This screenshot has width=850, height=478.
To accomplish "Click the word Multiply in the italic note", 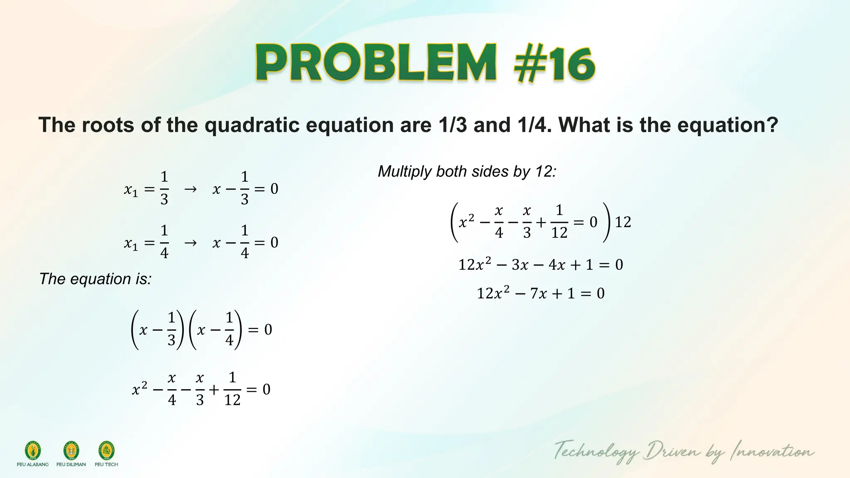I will coord(405,171).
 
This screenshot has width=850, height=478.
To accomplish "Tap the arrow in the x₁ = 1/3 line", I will coord(190,189).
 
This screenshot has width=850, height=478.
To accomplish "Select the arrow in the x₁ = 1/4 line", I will coord(190,242).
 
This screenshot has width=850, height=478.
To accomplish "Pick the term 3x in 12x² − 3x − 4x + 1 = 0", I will coord(520,265).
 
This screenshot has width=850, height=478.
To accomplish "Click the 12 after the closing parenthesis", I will coord(623,222).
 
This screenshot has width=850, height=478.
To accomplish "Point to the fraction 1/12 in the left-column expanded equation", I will coord(232,389).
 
